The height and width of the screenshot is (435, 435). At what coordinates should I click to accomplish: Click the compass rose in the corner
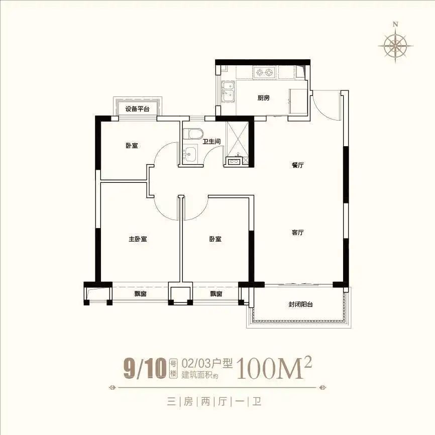coord(396,45)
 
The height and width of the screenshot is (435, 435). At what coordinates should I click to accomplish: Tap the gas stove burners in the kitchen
coord(264,73)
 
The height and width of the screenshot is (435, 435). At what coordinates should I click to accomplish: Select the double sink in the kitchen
coord(229,91)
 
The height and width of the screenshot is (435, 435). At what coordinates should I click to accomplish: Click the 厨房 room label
coord(263,98)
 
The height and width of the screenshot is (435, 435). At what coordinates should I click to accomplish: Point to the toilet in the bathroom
coord(192,134)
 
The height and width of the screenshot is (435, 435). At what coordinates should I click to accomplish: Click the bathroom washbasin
coord(190,153)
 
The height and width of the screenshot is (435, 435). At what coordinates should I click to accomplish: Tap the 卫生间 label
coord(211,142)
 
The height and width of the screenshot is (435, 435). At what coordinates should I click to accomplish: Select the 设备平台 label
coord(137,109)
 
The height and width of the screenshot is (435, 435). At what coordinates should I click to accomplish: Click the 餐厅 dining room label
coord(298,165)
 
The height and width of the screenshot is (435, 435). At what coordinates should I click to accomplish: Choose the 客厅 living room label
coord(298,232)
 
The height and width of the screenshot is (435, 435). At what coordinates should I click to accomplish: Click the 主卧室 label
coord(138,239)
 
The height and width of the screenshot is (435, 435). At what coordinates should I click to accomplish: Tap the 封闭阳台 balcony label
coord(301,304)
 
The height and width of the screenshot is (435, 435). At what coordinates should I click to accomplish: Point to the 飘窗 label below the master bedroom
coord(140,294)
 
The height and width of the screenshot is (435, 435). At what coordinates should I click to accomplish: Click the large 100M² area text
coord(274,368)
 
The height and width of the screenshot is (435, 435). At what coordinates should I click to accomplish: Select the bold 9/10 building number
coord(145,369)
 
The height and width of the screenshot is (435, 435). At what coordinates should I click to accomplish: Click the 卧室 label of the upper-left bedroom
coord(132,146)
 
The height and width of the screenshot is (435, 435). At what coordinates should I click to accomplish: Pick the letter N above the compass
coord(395,24)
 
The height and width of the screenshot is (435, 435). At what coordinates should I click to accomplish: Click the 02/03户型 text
coord(207,364)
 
